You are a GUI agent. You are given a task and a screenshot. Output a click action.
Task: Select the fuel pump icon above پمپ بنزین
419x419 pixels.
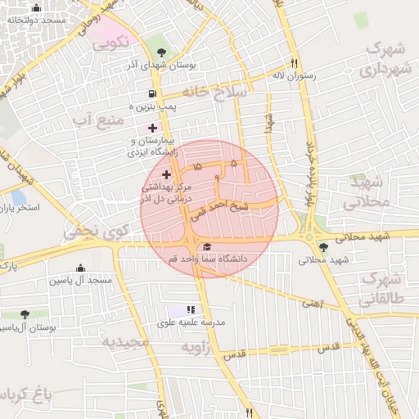153,94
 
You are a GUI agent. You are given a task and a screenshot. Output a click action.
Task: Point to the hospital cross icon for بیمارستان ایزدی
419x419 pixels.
152,128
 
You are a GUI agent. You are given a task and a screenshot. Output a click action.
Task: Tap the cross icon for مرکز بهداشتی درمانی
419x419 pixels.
167,174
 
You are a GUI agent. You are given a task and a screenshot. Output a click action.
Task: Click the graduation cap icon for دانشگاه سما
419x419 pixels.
207,247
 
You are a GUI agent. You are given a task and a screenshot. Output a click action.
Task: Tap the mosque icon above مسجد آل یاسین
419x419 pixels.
80,268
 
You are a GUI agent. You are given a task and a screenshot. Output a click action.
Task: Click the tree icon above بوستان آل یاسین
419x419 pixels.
25,314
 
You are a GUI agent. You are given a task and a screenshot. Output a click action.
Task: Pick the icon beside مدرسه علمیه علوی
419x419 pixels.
190,309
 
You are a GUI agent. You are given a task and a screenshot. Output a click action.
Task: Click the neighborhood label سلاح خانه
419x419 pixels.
214,92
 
